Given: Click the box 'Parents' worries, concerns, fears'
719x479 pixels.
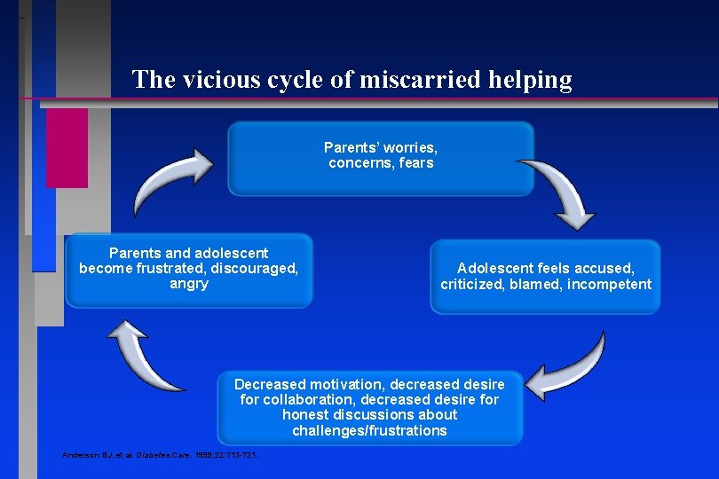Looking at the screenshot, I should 381,159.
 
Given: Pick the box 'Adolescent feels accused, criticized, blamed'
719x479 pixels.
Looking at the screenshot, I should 545,276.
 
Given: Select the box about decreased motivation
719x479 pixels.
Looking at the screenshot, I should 369,407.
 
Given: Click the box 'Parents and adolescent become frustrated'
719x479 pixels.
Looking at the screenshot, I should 188,270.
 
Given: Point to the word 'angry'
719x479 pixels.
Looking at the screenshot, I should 188,284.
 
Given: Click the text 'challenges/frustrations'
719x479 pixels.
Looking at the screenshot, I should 369,431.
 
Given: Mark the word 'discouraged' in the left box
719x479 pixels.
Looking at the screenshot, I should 257,269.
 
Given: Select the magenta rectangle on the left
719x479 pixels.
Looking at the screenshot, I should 67,147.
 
